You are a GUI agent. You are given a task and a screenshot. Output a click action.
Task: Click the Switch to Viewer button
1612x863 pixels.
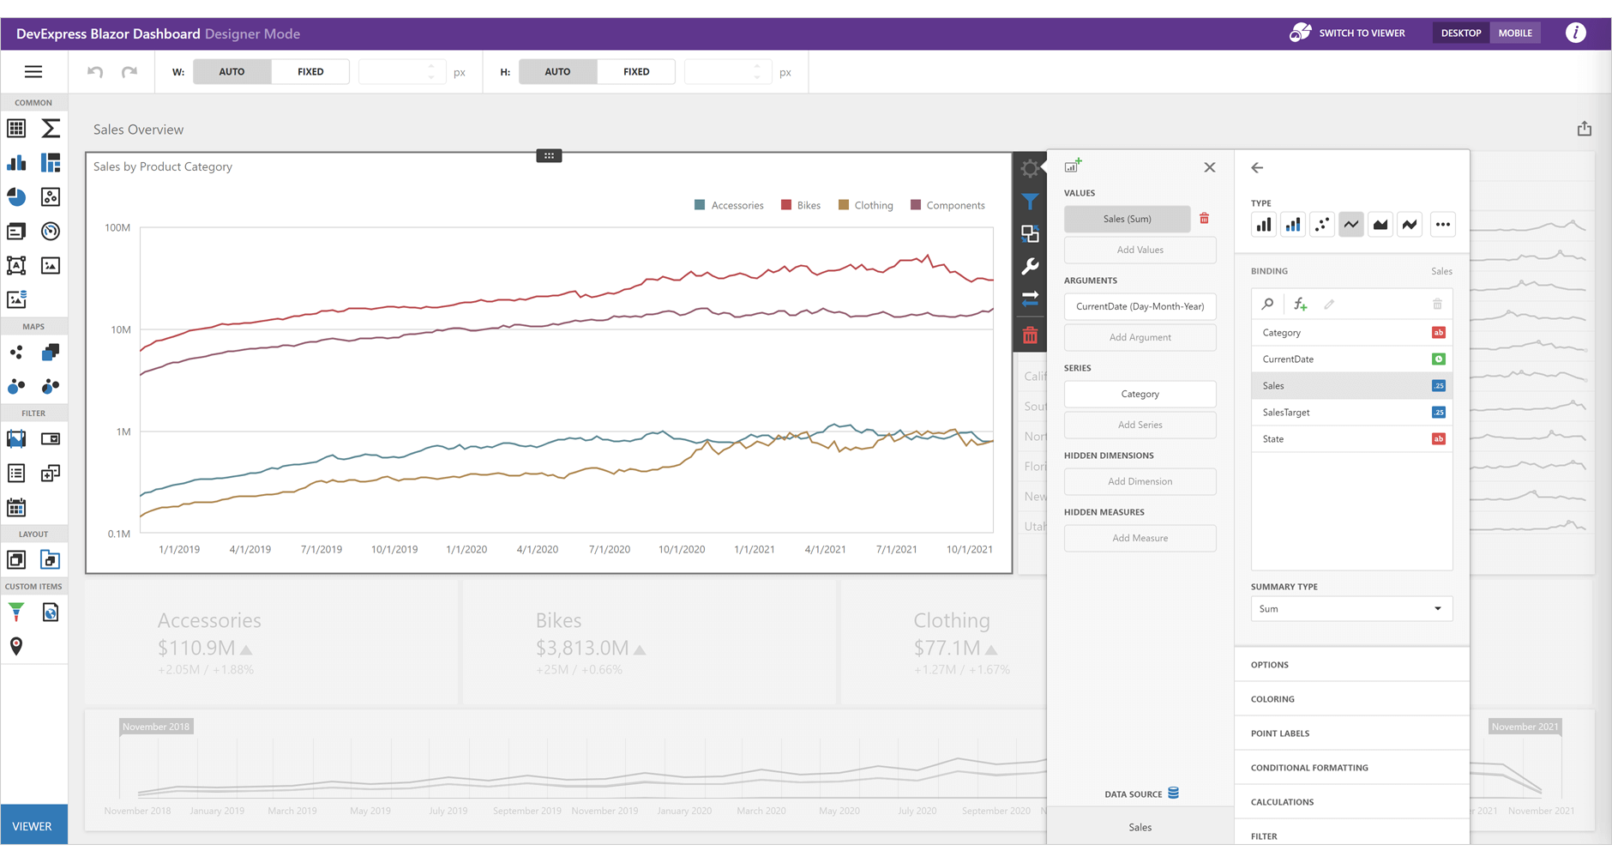[x=1348, y=33]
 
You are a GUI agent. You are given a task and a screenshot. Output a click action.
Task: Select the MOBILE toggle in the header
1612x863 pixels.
[x=1514, y=33]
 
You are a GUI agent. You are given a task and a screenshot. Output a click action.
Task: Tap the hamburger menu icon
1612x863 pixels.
[x=33, y=72]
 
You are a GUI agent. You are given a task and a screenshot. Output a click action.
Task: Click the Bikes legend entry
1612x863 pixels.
[x=801, y=206]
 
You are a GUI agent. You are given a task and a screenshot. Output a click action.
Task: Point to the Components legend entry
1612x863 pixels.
[x=947, y=206]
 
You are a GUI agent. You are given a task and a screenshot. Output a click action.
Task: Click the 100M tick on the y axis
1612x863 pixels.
[x=117, y=228]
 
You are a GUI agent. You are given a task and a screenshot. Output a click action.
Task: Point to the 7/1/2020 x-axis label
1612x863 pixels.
[x=609, y=550]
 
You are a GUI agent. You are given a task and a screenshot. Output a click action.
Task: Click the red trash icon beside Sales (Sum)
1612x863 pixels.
[x=1204, y=219]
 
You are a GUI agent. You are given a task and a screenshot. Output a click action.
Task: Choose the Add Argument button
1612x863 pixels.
[x=1140, y=338]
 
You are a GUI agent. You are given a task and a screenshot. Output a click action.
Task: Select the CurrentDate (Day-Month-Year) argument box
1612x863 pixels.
[x=1140, y=307]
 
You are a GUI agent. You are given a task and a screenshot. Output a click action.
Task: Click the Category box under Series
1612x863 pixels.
[x=1140, y=395]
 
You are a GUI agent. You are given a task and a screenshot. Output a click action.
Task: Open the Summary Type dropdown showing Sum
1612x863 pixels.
[x=1350, y=609]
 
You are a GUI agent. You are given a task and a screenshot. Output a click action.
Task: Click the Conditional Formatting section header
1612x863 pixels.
[x=1309, y=768]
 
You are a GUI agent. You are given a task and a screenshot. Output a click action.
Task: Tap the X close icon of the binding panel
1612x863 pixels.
[x=1209, y=168]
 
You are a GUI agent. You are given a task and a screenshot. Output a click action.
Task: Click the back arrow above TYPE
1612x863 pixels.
[x=1257, y=168]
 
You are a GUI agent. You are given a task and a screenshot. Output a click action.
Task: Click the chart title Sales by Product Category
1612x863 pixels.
[x=163, y=167]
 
